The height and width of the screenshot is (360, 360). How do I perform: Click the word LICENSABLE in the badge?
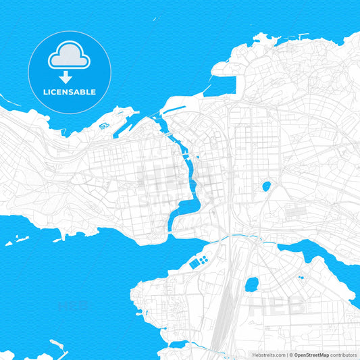[70, 93]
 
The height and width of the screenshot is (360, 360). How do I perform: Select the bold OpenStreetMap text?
[310, 354]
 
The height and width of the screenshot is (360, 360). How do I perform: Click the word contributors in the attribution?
[342, 354]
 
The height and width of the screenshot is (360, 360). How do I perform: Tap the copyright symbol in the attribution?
[289, 354]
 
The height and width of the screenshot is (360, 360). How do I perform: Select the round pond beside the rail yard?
[251, 284]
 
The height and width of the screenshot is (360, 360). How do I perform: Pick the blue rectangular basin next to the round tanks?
[195, 263]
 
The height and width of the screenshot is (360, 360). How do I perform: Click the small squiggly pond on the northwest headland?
[105, 126]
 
